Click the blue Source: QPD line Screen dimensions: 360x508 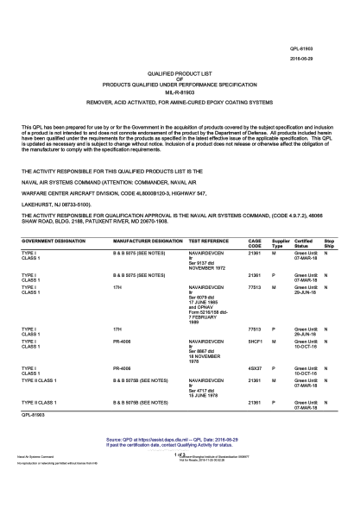179,439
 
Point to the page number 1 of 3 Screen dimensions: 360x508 180,453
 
